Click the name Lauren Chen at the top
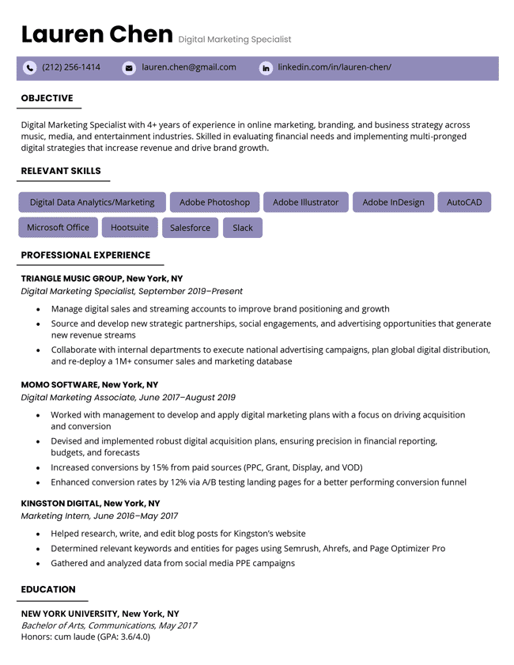[x=96, y=35]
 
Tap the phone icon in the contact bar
[x=30, y=68]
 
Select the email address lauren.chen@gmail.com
[x=189, y=67]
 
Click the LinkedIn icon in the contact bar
[x=266, y=68]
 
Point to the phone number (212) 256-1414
[x=71, y=67]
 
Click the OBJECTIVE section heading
[x=47, y=98]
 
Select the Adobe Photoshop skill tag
[x=214, y=202]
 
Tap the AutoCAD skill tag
[x=464, y=202]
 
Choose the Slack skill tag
[x=243, y=228]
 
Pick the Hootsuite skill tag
[x=130, y=228]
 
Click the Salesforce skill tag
[x=190, y=228]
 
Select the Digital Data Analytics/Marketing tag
[x=92, y=202]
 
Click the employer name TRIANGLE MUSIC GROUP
[x=72, y=278]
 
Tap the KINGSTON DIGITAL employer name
[x=61, y=503]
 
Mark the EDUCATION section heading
[x=48, y=589]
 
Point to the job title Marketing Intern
[x=55, y=516]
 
